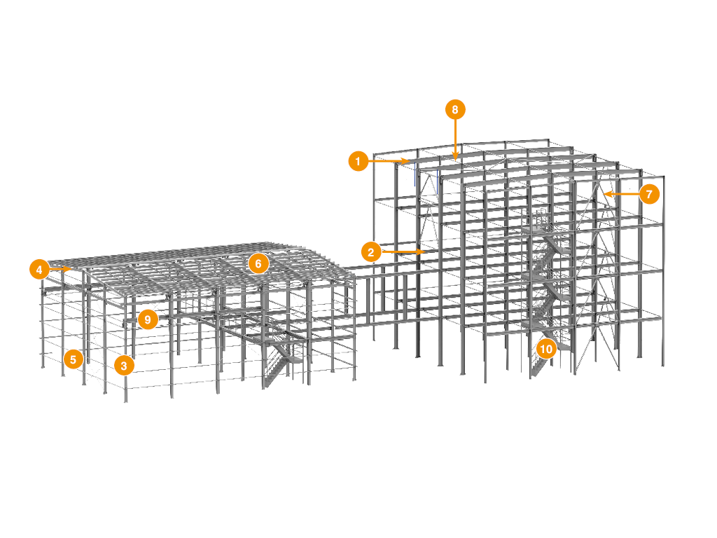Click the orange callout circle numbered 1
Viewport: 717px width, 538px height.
point(358,161)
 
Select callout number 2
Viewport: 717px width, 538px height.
point(371,251)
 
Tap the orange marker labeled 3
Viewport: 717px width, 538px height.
point(124,365)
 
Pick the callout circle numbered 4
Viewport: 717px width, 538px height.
point(39,270)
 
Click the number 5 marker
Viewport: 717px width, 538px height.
point(73,359)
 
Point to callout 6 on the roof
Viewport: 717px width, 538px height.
point(258,263)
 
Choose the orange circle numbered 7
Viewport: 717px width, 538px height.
point(649,194)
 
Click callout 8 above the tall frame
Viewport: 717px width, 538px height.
point(455,110)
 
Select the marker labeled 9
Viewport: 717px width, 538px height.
point(148,319)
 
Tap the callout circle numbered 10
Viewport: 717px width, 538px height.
point(546,349)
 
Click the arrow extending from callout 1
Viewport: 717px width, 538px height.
point(389,161)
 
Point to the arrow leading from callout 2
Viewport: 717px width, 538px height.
point(403,251)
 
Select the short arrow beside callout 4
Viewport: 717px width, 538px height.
point(60,270)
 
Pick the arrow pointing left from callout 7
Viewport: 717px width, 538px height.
point(622,194)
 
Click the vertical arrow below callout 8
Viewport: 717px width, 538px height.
point(455,140)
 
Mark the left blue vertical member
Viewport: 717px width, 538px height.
point(415,174)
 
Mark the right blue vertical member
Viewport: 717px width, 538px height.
point(437,181)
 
